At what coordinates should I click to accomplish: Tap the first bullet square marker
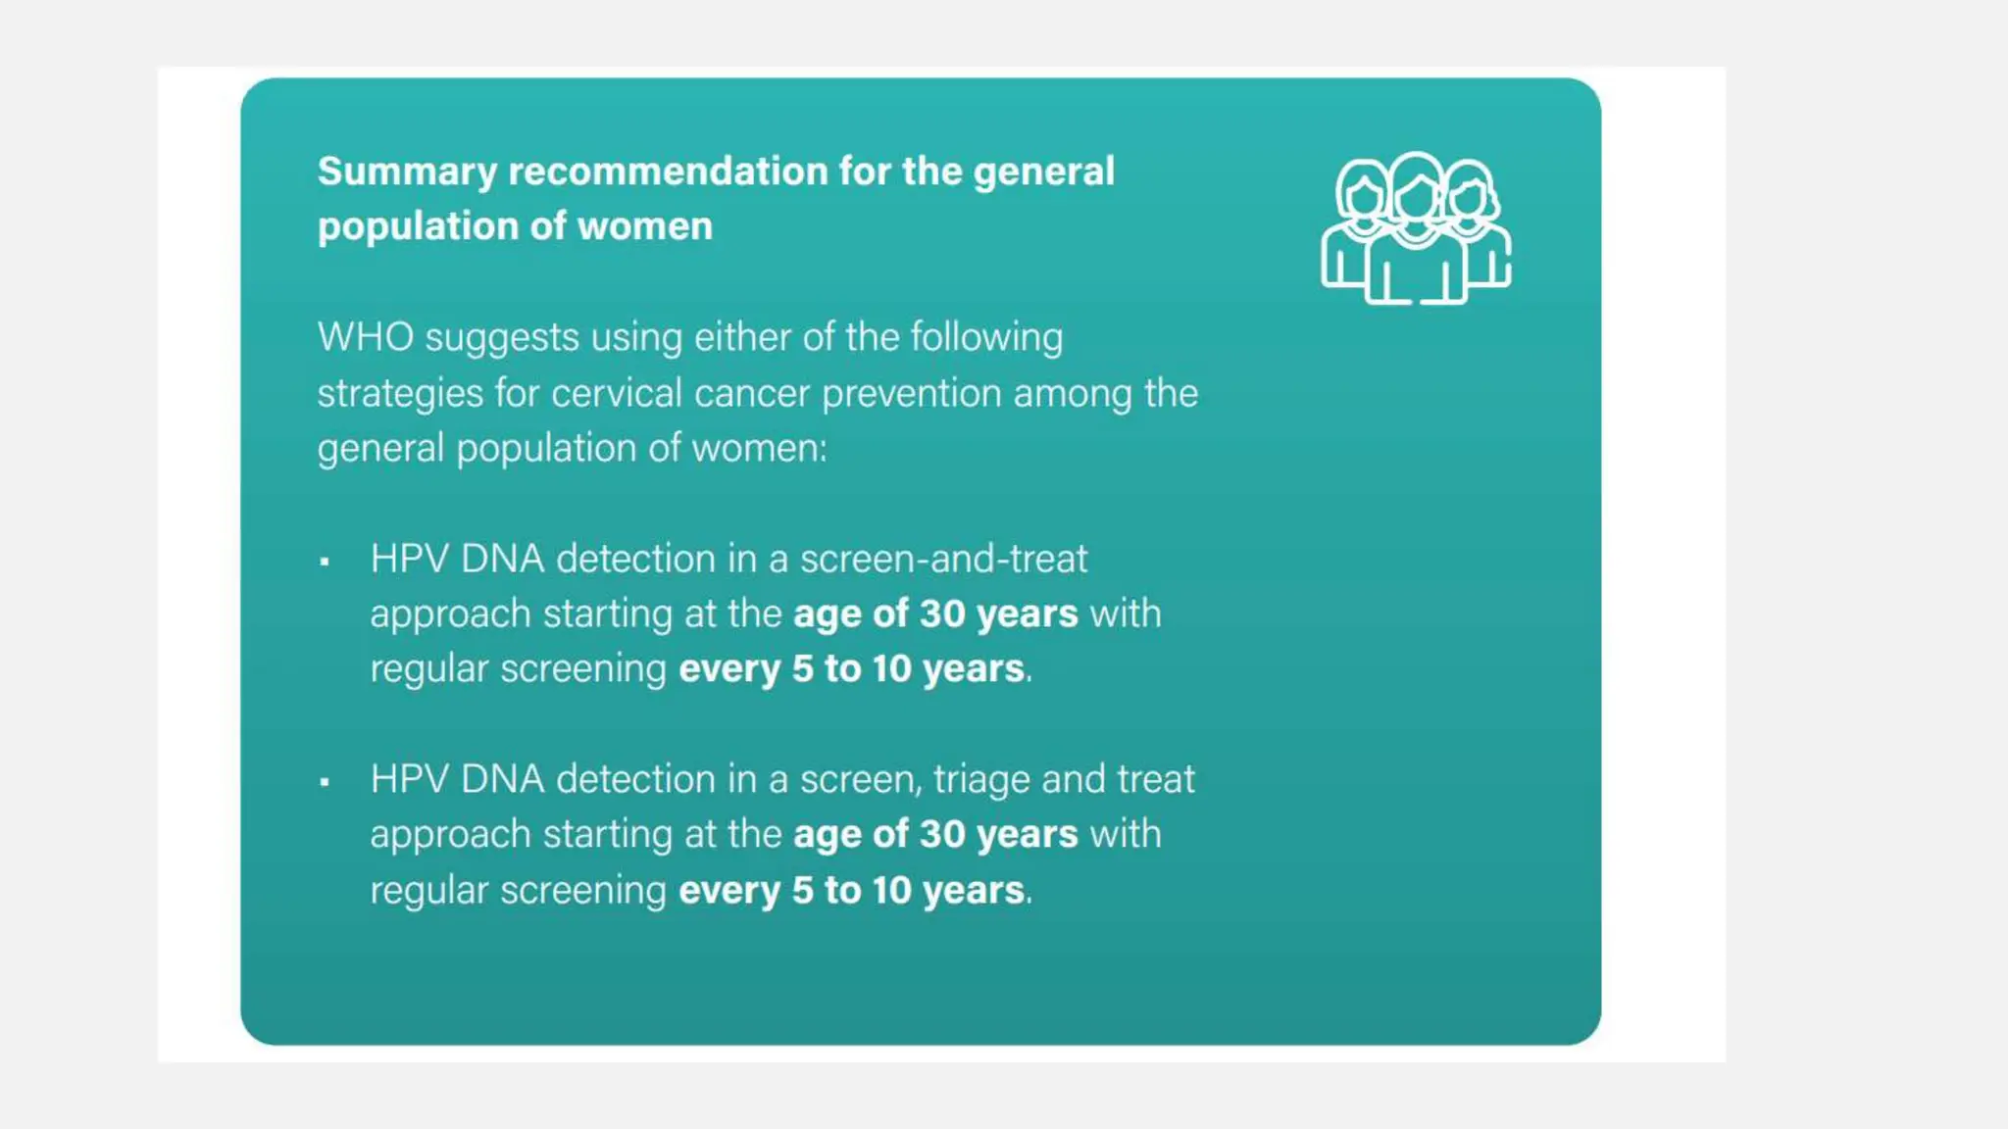click(x=325, y=562)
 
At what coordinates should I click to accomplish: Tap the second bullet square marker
click(x=325, y=782)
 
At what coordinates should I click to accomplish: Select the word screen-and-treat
click(x=943, y=559)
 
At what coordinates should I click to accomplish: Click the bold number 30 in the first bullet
click(x=942, y=614)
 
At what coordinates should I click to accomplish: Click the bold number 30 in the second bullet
click(x=942, y=834)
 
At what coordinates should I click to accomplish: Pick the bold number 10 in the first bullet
click(x=891, y=668)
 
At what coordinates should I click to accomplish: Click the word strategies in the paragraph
click(x=400, y=394)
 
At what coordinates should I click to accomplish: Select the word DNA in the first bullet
click(x=502, y=559)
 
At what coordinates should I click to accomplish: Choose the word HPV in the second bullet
click(x=409, y=780)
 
